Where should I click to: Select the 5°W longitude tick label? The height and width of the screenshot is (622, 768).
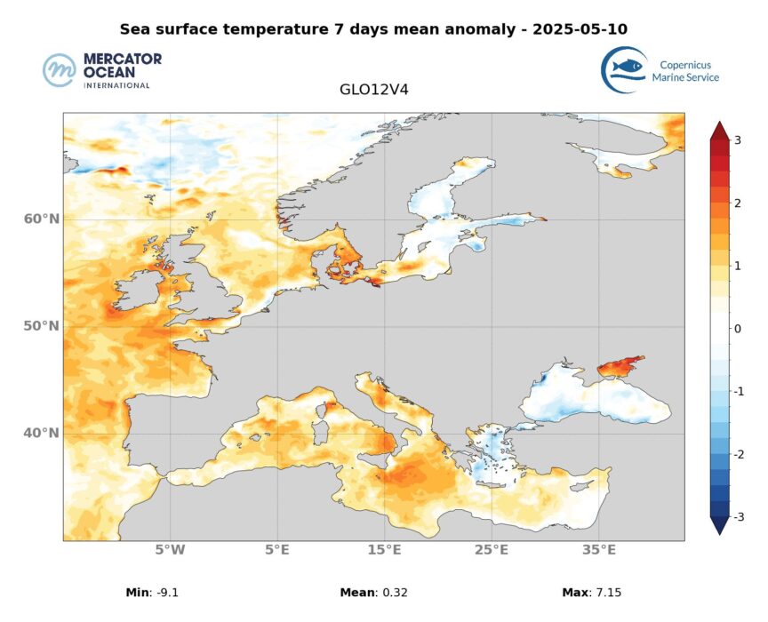click(x=170, y=550)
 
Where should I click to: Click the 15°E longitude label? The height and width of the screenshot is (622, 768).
click(x=384, y=550)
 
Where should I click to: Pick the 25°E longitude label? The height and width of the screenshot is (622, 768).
click(x=492, y=550)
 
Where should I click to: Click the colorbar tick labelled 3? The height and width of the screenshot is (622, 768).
click(x=737, y=140)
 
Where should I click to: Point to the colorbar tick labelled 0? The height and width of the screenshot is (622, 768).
click(x=737, y=329)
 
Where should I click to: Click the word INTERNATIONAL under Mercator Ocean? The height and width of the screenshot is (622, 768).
click(x=116, y=85)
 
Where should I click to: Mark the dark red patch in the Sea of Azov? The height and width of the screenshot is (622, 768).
click(x=619, y=365)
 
